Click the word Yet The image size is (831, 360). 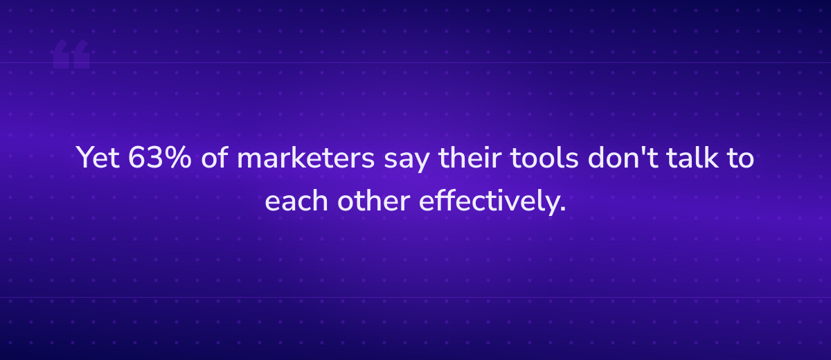click(x=98, y=159)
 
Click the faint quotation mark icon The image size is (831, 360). click(x=71, y=54)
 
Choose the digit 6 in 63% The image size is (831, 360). click(x=138, y=159)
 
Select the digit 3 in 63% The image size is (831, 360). click(x=155, y=159)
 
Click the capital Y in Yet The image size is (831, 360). click(x=84, y=159)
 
